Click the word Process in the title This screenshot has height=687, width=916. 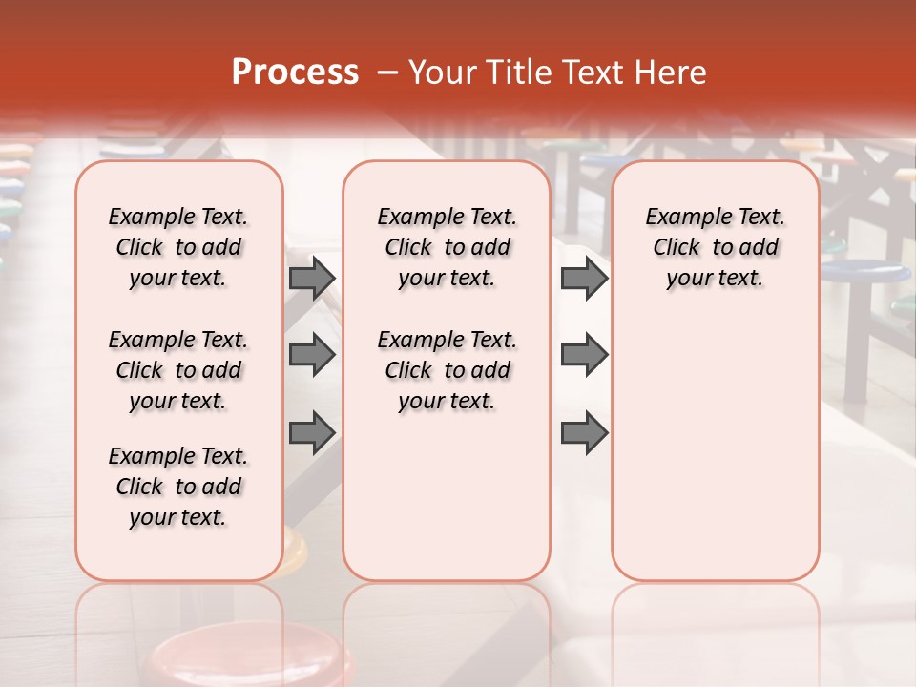[295, 72]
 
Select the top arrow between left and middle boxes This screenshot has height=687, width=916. [312, 279]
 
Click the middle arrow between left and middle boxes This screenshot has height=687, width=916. [312, 355]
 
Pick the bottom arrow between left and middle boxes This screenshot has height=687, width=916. [312, 432]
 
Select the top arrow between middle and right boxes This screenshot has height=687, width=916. [584, 279]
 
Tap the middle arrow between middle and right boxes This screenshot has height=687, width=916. [584, 355]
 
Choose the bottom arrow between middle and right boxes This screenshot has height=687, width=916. [584, 432]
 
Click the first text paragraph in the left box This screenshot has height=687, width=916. [178, 247]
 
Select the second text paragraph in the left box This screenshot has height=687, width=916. [178, 370]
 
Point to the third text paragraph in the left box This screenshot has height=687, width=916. [178, 487]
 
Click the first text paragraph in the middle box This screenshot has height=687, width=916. [448, 247]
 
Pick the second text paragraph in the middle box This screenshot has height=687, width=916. [448, 370]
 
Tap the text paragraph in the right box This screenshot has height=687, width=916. [716, 247]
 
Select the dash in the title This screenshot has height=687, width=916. [387, 72]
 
